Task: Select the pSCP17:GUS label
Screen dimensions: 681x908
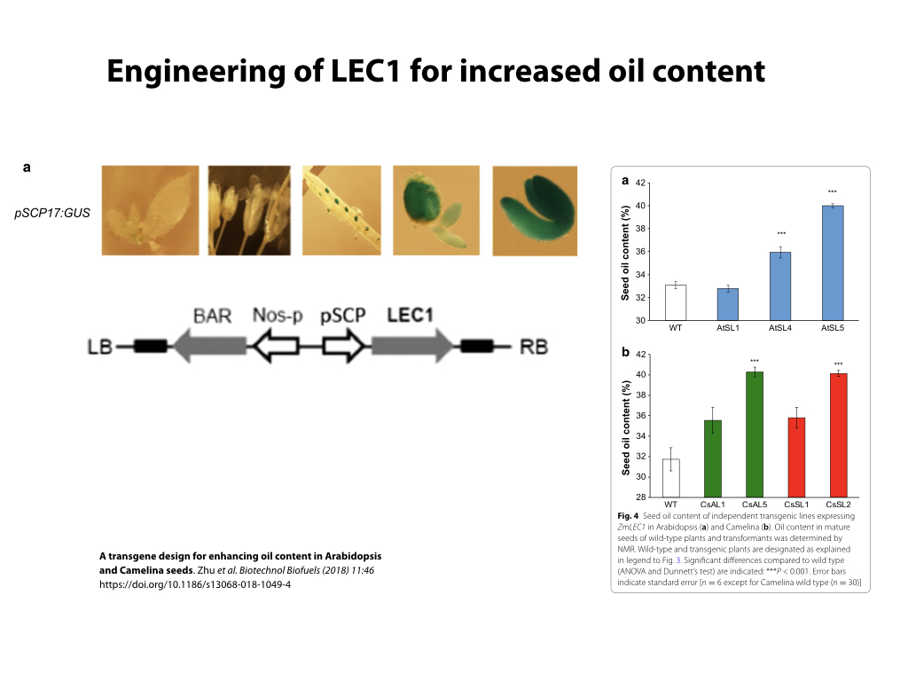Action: click(53, 213)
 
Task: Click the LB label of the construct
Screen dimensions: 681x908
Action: click(99, 346)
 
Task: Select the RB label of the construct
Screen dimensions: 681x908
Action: click(533, 346)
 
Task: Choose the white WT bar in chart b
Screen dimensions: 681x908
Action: click(670, 478)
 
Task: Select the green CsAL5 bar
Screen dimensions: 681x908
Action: click(754, 434)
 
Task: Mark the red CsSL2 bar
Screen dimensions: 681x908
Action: click(837, 435)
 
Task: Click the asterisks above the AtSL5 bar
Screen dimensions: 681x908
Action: click(832, 192)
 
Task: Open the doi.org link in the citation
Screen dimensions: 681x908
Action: click(195, 586)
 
